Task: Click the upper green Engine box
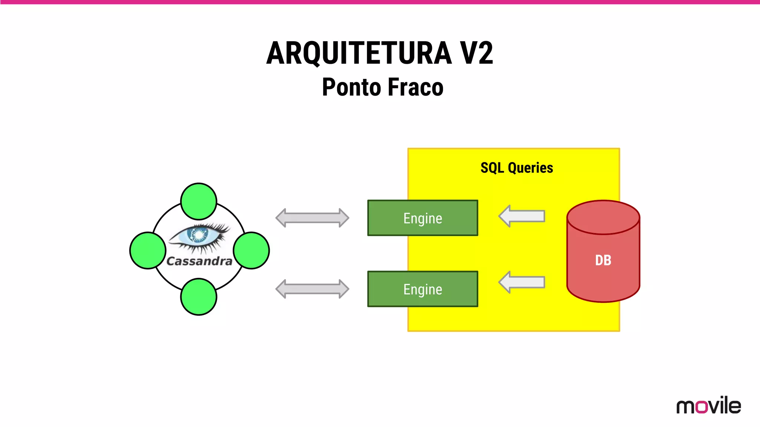point(422,218)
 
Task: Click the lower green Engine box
point(422,289)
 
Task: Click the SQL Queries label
point(517,168)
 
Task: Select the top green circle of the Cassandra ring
point(199,202)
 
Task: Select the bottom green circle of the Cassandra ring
point(199,297)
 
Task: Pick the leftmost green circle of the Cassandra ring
point(148,251)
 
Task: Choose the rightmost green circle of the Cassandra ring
point(251,251)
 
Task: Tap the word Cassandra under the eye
point(199,261)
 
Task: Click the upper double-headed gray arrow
point(312,218)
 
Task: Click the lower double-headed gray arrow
point(312,289)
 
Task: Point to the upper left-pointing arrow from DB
point(521,216)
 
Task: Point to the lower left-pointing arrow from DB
point(521,282)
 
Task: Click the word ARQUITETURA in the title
point(358,53)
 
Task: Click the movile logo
point(708,406)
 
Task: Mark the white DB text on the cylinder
point(603,260)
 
